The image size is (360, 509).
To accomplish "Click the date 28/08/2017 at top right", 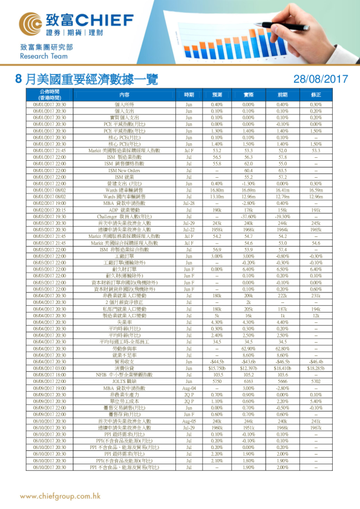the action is pos(319,79).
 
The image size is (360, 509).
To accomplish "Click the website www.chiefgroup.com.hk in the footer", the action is pos(59,496).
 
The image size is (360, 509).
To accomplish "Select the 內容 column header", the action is pos(124,95).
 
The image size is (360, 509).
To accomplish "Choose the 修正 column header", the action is pos(315,95).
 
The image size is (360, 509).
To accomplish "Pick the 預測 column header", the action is pos(217,95).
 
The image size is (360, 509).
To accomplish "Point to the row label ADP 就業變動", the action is pos(124,210).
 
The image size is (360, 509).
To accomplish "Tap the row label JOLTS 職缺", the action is pos(124,381).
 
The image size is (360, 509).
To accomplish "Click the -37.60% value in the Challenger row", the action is pos(248,215).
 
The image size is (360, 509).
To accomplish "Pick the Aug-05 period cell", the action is pos(188,420).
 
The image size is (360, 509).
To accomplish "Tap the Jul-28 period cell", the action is pos(188,204).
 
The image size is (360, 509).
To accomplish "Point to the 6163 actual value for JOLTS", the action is pos(248,381).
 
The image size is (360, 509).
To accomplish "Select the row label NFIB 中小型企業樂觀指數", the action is pos(124,375).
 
